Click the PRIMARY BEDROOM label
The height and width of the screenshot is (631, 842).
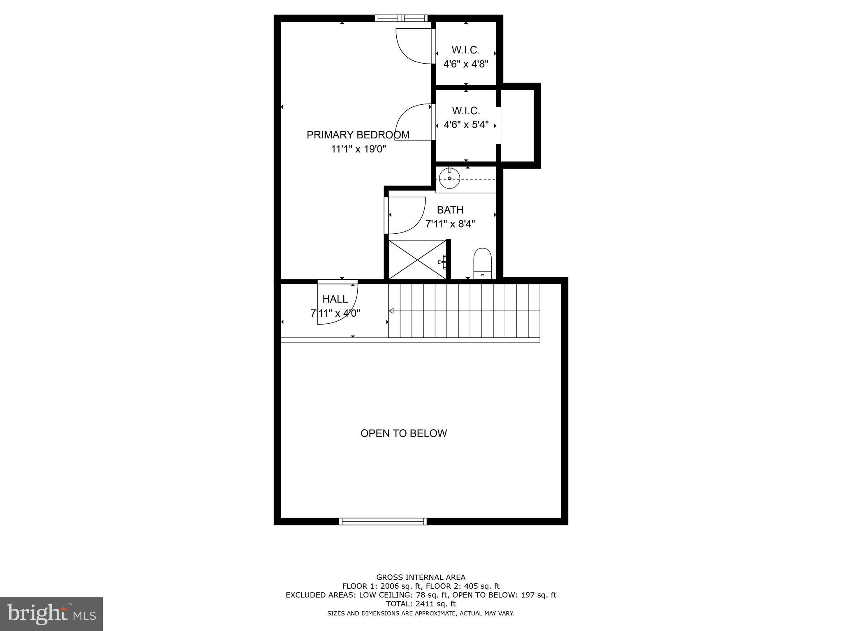click(x=358, y=135)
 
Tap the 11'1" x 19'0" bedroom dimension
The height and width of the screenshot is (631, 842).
click(x=359, y=149)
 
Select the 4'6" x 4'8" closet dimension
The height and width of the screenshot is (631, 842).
click(x=465, y=64)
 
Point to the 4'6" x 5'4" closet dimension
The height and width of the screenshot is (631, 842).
click(x=466, y=124)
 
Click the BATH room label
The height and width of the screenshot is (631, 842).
click(x=450, y=210)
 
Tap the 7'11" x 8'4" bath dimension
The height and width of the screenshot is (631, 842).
click(x=450, y=224)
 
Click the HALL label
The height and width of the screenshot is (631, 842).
click(x=335, y=299)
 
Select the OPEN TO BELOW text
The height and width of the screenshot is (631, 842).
click(x=403, y=433)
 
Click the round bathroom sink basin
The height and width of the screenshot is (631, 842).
click(x=449, y=178)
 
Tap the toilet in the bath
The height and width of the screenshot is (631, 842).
click(x=483, y=263)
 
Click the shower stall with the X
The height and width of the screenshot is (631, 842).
click(x=417, y=260)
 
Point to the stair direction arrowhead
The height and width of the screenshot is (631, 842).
click(x=391, y=311)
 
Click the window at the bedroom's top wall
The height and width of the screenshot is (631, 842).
click(x=401, y=18)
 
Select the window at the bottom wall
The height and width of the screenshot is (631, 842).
click(x=383, y=521)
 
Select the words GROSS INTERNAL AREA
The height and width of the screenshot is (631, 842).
click(x=421, y=577)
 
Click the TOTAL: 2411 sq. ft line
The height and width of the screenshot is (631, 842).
click(x=421, y=604)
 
